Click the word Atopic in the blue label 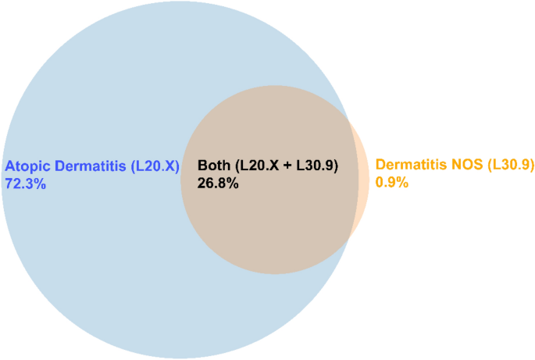tap(27, 167)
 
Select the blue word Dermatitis tap(91, 166)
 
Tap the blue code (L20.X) tap(155, 166)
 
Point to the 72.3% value tap(25, 184)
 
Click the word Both tap(214, 165)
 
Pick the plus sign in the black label tap(287, 166)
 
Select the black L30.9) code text tap(317, 166)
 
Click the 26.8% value tap(218, 184)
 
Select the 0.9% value tap(392, 182)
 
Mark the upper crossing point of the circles tap(348, 119)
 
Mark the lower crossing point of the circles tap(348, 241)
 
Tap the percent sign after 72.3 tap(40, 184)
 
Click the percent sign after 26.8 tap(233, 184)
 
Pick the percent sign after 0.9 tap(402, 182)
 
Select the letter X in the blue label tap(169, 166)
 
